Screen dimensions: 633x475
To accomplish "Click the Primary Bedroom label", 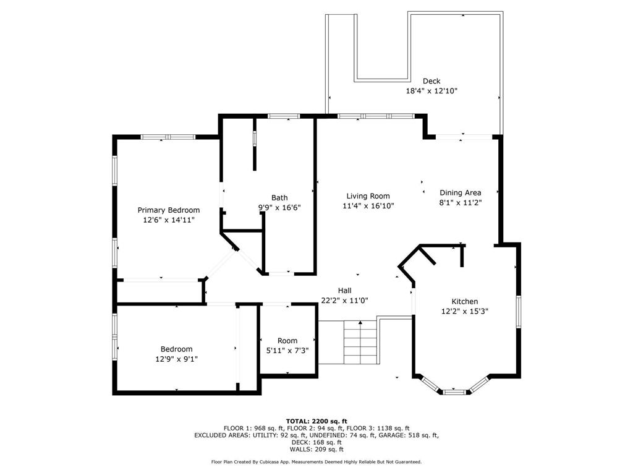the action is tap(169, 210).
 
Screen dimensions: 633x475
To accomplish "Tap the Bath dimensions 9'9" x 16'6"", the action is tap(279, 208).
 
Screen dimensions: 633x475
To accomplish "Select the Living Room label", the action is tap(368, 196).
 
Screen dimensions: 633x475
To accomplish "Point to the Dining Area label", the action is tap(460, 193).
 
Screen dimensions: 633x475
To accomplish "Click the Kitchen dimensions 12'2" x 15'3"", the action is tap(465, 311).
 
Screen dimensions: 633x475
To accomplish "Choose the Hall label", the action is tap(345, 291).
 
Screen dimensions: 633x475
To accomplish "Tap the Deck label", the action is tap(431, 81).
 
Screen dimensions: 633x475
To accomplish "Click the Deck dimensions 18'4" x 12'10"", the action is tap(431, 91).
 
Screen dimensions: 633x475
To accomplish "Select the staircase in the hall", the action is tap(360, 343).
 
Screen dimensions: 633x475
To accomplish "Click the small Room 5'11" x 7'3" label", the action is tap(287, 346).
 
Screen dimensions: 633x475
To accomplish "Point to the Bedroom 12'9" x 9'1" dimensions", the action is tap(176, 359).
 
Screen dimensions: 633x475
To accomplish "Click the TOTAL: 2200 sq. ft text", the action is tap(316, 421).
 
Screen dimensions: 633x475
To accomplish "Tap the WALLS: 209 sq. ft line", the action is tap(316, 449).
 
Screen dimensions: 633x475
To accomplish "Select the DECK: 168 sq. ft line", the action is tap(316, 442).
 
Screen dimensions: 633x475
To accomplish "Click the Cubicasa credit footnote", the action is tap(316, 461).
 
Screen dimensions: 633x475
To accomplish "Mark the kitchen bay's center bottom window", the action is tap(454, 392).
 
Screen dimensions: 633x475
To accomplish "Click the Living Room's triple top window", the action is tap(376, 116).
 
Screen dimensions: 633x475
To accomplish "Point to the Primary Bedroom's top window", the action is tap(168, 137).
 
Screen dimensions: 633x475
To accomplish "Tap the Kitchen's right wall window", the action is tap(519, 312).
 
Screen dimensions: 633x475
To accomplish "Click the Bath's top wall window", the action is tap(284, 116).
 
